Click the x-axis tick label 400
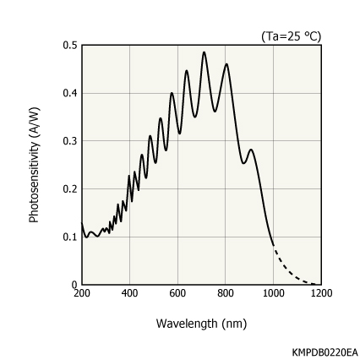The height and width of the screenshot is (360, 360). tap(129, 293)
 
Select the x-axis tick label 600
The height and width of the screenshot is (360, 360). tap(177, 293)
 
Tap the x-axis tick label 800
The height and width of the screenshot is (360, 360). tap(226, 293)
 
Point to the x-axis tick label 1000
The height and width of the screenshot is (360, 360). tap(273, 293)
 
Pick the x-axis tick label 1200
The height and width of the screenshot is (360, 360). tap(321, 293)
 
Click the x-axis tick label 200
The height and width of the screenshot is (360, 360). tap(81, 293)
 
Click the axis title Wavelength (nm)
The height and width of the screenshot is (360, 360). tap(201, 323)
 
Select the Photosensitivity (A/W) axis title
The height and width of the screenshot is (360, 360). tap(35, 165)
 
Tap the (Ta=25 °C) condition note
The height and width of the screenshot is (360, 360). tap(291, 35)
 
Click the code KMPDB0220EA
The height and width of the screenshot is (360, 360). tap(325, 351)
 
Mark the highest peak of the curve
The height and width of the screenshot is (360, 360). tap(204, 52)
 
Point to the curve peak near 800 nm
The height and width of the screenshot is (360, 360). tap(226, 64)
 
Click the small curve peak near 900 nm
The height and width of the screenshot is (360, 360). tap(251, 150)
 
